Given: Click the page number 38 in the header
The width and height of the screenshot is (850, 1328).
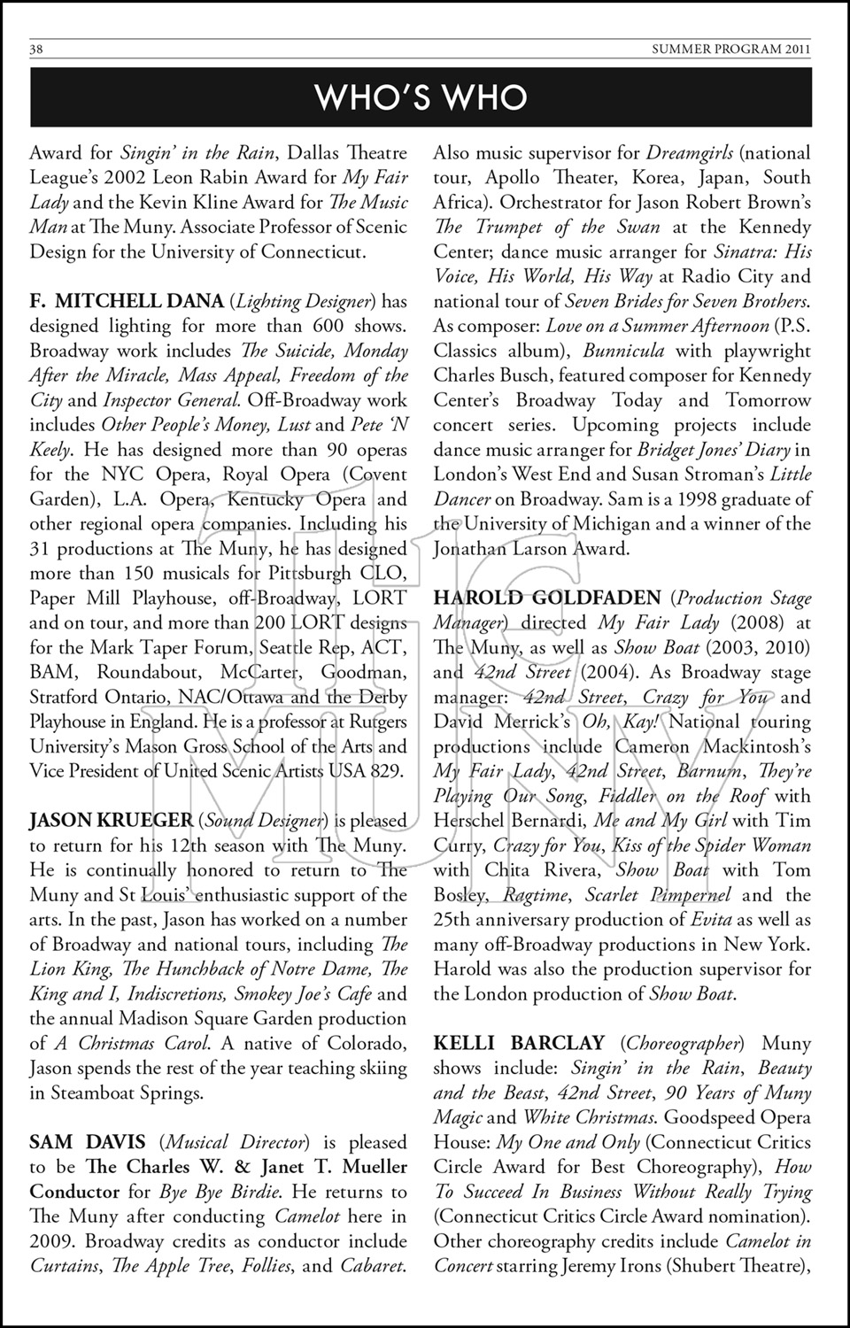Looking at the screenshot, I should (x=36, y=50).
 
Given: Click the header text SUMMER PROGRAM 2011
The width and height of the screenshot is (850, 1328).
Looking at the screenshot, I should (x=730, y=50).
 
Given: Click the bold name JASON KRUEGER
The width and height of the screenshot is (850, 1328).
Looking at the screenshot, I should (x=111, y=821).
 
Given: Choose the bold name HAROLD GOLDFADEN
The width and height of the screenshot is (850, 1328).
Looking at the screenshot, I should (x=546, y=598).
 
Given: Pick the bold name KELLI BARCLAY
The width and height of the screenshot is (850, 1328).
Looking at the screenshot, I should (x=519, y=1044).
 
